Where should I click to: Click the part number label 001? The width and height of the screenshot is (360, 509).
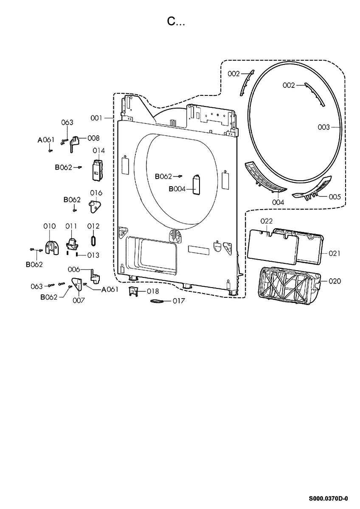(96, 118)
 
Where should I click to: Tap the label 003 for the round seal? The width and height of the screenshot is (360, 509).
(323, 127)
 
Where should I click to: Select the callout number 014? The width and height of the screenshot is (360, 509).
(98, 151)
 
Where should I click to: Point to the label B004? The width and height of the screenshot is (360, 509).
(177, 189)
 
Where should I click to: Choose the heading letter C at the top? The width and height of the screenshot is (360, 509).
(171, 21)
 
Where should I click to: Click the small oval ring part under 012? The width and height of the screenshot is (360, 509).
(93, 241)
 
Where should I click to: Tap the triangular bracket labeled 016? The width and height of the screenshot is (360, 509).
(95, 206)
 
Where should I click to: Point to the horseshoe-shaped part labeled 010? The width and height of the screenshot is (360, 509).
(52, 247)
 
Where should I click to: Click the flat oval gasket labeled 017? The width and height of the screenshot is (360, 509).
(157, 301)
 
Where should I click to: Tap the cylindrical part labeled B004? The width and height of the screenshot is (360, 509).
(196, 185)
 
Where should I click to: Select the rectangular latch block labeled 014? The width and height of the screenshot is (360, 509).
(98, 169)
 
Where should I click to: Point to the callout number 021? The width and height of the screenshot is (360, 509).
(334, 253)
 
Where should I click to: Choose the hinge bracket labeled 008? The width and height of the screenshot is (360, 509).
(74, 144)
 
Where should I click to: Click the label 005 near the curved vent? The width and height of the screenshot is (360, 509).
(335, 196)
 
